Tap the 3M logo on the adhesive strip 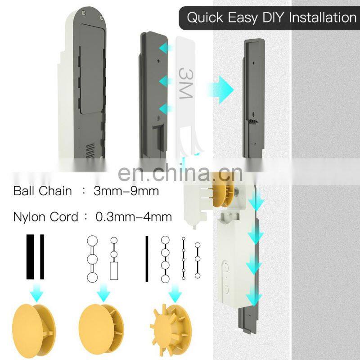coord(186,83)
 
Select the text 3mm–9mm coord(126,191)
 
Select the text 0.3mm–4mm coord(134,217)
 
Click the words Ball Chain coord(42,191)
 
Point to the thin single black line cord coord(147,258)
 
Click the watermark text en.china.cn coord(180,173)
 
